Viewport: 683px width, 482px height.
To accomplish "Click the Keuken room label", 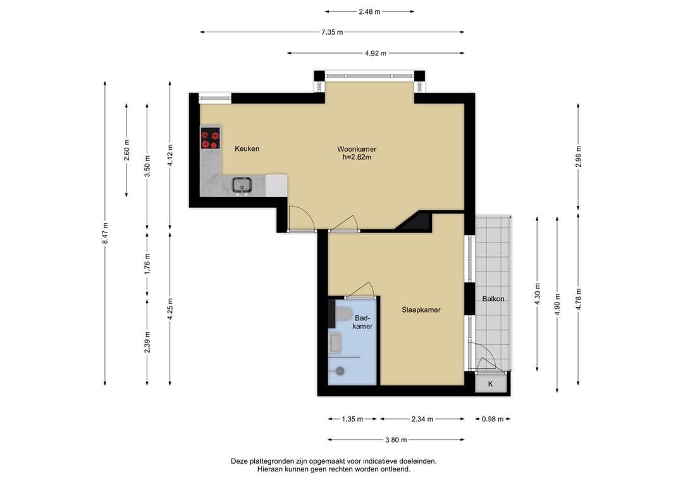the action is coord(247,149).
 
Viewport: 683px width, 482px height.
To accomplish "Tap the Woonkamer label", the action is coord(357,149).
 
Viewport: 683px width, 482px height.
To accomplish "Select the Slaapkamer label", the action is coord(421,310).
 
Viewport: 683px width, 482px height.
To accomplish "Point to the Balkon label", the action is coord(493,299).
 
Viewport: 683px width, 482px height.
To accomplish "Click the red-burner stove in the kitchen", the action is coord(211,138).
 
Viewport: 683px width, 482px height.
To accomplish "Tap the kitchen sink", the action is coord(242,185).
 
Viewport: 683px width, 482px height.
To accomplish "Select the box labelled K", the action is coord(491,383).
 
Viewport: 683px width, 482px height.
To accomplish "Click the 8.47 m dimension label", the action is coord(105,233).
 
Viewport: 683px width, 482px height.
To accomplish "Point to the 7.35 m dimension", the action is coord(332,32).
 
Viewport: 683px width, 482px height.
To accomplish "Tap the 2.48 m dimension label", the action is coord(369,12).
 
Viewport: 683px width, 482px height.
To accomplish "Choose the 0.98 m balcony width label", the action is coord(493,419).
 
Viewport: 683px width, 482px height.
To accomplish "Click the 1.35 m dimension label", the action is coord(352,419).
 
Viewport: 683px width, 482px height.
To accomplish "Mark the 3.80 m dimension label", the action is coord(396,440).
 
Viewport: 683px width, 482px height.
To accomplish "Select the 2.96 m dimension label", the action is coord(579,157).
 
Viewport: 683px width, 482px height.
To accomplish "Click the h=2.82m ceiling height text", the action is coord(357,157).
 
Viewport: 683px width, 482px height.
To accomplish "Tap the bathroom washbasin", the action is coord(335,342).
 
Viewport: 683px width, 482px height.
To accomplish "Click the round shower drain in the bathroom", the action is coord(340,371).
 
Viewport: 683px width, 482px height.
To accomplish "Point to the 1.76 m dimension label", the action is coord(147,264).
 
